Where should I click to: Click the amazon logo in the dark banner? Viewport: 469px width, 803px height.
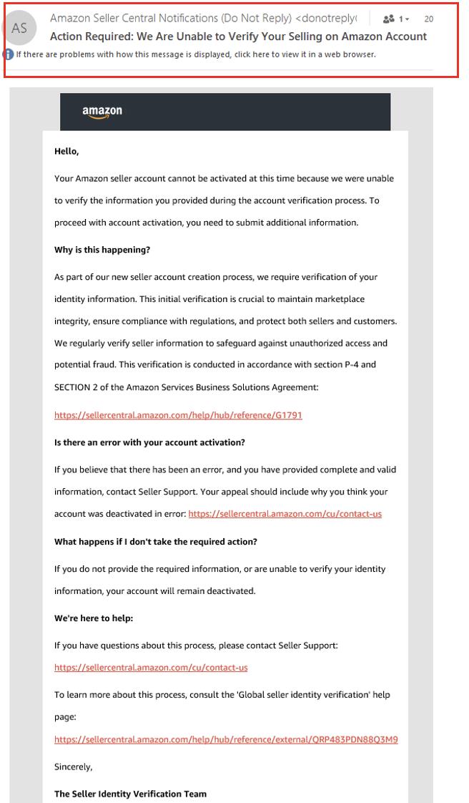[x=102, y=112]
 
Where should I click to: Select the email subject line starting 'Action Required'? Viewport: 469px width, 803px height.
[x=238, y=36]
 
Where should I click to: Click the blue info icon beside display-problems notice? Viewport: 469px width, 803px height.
[x=8, y=54]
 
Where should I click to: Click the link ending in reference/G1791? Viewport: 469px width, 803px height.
[x=178, y=415]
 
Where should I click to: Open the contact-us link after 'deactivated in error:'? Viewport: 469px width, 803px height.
[x=285, y=514]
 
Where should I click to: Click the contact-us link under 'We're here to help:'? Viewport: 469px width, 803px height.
[x=151, y=668]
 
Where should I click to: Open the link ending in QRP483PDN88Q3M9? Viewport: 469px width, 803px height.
[x=226, y=739]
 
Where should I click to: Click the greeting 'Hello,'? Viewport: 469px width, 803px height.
[x=66, y=151]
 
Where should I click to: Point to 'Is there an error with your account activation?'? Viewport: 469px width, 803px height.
[x=149, y=442]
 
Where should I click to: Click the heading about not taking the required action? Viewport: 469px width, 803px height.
[x=156, y=541]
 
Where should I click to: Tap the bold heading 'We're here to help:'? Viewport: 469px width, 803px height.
[x=94, y=618]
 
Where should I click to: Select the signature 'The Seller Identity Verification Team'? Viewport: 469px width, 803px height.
[x=129, y=793]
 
